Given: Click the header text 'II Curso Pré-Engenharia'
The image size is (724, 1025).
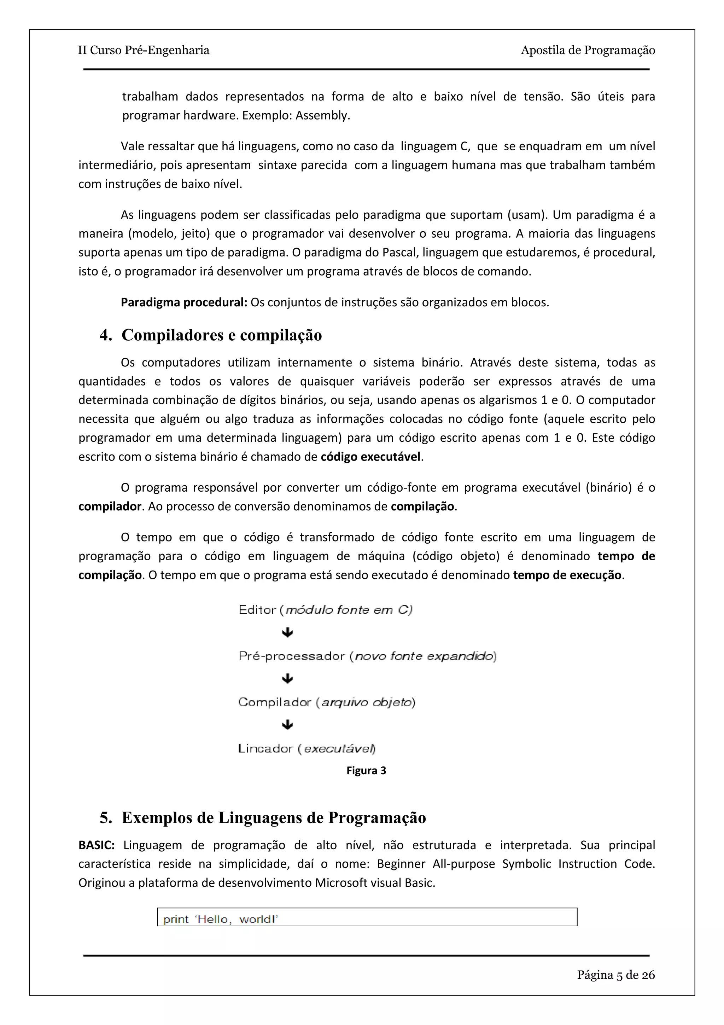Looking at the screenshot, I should (143, 50).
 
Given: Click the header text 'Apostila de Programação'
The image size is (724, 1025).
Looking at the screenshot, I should (588, 50).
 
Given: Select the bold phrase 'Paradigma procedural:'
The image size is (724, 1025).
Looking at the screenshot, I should (184, 303).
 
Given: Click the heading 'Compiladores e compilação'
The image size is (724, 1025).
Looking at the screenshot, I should (221, 335).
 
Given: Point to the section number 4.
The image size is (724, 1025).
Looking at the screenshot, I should (105, 335).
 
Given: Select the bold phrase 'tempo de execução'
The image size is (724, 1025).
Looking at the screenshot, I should (567, 575).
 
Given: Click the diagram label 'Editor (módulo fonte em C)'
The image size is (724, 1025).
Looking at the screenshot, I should (325, 610).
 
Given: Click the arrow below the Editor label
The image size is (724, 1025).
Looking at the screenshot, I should (288, 632).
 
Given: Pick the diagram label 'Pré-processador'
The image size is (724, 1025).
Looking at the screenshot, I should (292, 656).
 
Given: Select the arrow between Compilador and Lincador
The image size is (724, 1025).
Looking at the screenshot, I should (288, 725).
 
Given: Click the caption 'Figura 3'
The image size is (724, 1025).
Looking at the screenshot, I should (366, 771).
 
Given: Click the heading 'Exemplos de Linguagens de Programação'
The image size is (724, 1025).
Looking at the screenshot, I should (274, 818).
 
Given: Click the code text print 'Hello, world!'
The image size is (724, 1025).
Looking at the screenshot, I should (220, 919).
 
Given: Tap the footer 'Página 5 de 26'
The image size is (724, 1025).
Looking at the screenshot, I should (615, 975).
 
